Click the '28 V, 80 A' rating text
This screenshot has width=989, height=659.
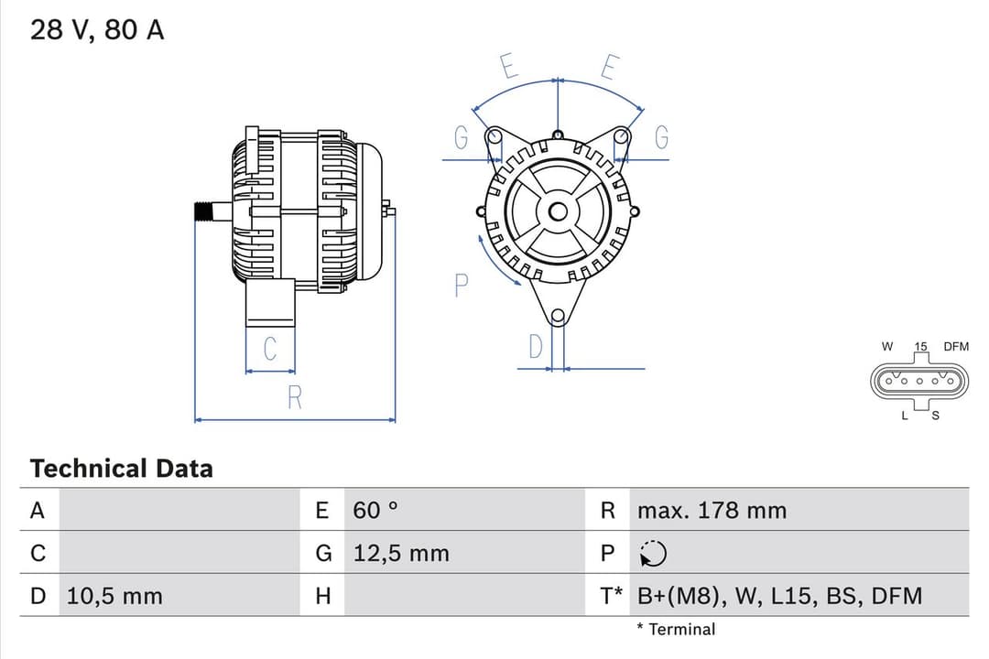point(97,30)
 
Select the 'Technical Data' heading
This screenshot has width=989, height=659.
point(121,469)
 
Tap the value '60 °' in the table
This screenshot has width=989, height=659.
point(375,510)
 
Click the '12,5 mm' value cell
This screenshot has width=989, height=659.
point(401,553)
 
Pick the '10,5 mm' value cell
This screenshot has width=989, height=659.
point(114,596)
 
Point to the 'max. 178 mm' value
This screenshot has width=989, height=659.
point(712,510)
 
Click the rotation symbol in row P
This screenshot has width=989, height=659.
point(654,554)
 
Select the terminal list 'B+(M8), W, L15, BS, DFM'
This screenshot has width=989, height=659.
point(779,596)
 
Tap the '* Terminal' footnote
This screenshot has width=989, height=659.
point(676,629)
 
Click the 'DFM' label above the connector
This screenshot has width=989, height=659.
point(955,347)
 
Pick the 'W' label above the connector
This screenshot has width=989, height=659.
point(886,347)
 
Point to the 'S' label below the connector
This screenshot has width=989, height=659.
point(935,416)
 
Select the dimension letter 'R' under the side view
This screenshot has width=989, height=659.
point(295,398)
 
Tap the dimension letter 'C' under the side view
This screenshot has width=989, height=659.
point(270,350)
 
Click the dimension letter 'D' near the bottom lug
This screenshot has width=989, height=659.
point(536,347)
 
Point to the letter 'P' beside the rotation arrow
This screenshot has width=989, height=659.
point(462,286)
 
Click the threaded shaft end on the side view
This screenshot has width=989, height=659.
point(207,211)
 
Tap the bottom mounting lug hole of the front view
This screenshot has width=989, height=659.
point(557,316)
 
